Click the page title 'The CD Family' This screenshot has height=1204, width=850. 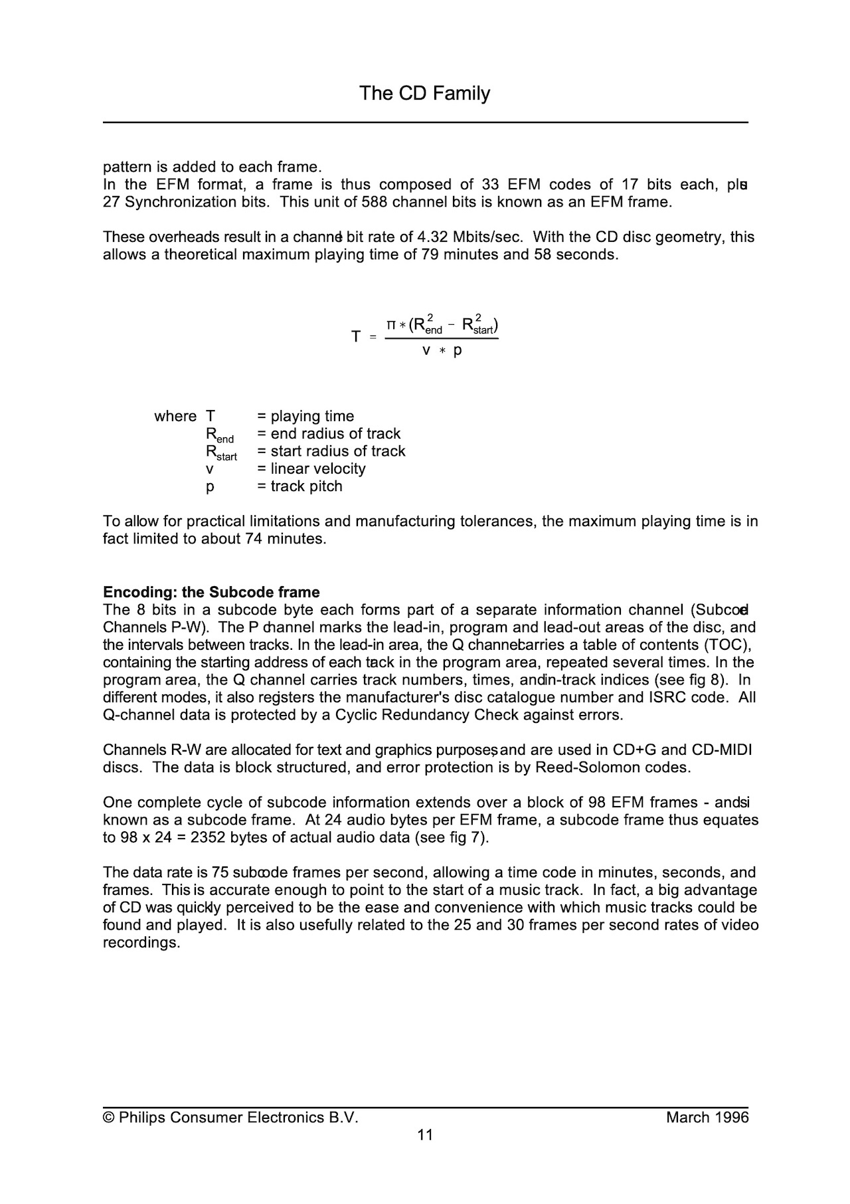pyautogui.click(x=424, y=93)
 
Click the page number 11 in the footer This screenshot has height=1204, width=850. pyautogui.click(x=425, y=1135)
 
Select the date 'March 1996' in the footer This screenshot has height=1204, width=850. pyautogui.click(x=707, y=1118)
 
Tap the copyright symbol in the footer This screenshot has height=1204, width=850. pyautogui.click(x=108, y=1118)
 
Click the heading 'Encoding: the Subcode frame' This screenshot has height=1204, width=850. pyautogui.click(x=211, y=592)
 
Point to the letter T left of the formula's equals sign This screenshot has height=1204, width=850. pyautogui.click(x=356, y=337)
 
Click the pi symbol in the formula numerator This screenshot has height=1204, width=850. pyautogui.click(x=392, y=325)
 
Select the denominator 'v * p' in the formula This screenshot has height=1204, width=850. pyautogui.click(x=442, y=350)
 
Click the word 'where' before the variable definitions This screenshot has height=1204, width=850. pyautogui.click(x=175, y=416)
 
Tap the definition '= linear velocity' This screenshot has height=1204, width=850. pyautogui.click(x=311, y=468)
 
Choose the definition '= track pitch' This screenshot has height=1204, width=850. pyautogui.click(x=299, y=486)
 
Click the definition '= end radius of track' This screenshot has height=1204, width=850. pyautogui.click(x=329, y=433)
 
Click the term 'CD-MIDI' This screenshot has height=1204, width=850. pyautogui.click(x=722, y=750)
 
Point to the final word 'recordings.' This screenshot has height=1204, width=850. pyautogui.click(x=141, y=943)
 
